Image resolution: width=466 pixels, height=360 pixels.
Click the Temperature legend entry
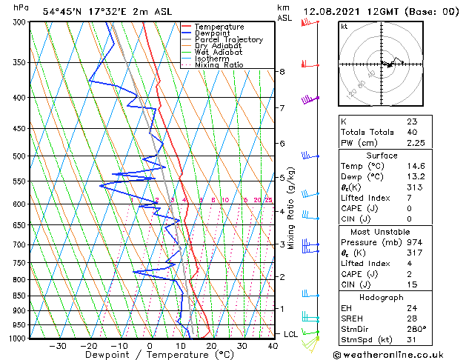220,27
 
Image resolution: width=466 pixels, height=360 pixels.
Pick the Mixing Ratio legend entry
219,65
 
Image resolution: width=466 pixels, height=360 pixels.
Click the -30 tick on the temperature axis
57,346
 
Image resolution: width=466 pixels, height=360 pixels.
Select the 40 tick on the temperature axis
273,346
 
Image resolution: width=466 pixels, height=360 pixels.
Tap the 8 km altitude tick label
282,72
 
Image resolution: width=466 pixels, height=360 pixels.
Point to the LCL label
291,334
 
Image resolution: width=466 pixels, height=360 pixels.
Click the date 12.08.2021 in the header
332,11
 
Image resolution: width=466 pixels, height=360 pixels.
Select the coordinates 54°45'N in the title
61,11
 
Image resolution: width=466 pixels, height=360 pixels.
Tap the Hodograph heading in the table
382,297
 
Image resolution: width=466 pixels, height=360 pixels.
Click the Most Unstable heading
382,231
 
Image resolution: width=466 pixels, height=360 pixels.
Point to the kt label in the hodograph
344,26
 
